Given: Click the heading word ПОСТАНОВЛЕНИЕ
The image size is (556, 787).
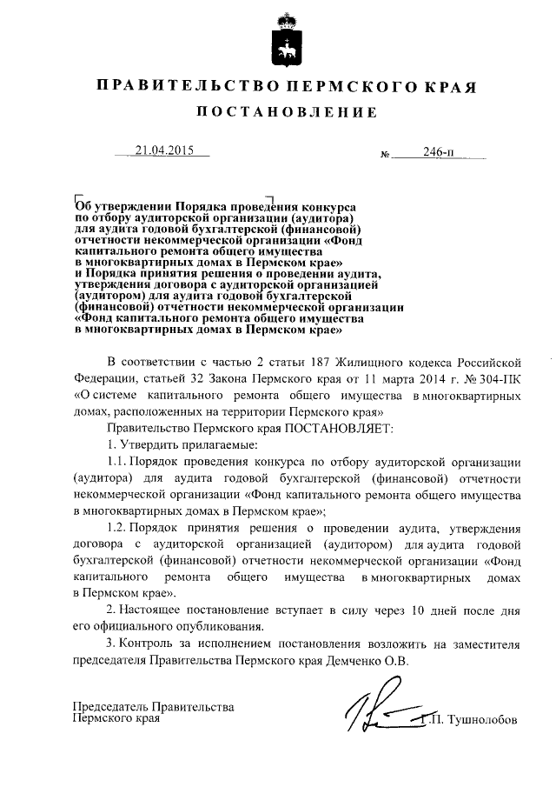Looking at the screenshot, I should coord(285,113).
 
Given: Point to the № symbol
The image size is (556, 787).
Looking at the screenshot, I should coord(385,156).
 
